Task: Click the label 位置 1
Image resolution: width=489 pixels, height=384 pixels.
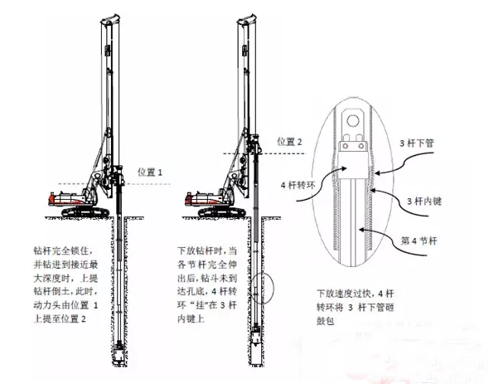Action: point(150,172)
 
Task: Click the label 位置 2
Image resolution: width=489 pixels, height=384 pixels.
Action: point(289,142)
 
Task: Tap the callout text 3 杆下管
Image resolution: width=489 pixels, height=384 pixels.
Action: point(417,143)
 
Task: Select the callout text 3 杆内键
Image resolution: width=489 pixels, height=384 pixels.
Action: point(424,201)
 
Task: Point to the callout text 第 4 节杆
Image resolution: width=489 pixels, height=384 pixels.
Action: point(419,241)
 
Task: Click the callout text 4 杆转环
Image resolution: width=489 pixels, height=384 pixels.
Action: point(298,185)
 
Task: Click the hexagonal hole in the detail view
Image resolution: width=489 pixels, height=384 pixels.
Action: point(353,120)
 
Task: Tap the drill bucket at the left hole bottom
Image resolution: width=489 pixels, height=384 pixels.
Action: point(119,353)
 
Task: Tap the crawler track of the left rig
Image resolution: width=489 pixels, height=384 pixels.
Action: point(85,212)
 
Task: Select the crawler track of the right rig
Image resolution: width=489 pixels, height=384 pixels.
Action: point(222,212)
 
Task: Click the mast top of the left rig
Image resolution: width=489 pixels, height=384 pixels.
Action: point(110,19)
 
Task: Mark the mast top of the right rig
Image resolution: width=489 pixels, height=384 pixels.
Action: point(247,19)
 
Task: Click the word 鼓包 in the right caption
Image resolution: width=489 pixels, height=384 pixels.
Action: point(326,321)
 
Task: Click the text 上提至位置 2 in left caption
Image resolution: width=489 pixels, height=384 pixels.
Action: point(60,318)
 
